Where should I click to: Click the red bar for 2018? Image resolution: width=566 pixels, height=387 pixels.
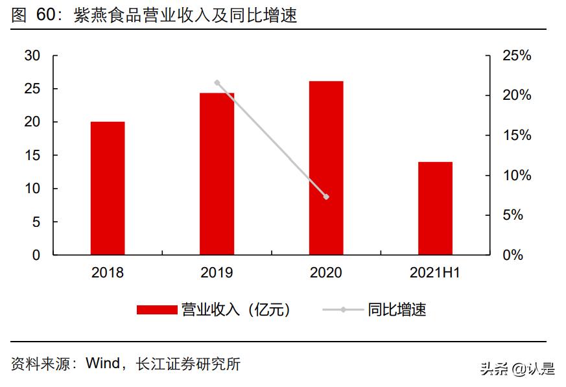108,188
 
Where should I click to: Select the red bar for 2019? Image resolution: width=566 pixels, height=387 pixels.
217,174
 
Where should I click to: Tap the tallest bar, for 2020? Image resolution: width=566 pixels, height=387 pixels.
326,168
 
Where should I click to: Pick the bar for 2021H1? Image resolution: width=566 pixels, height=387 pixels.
435,208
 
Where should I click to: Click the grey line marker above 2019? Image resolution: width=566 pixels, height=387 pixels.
217,82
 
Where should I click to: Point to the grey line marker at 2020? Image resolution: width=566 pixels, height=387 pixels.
326,196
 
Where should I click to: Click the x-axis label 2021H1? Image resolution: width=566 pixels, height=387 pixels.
435,273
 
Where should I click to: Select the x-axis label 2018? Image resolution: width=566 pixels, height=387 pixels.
108,273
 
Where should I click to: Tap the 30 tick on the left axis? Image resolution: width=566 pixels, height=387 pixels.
32,56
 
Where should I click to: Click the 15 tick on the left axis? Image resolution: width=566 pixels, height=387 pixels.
32,156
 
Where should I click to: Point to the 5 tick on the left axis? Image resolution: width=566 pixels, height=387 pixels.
36,222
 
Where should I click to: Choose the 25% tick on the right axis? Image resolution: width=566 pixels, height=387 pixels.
517,56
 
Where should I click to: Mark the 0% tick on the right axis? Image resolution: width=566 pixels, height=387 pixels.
513,255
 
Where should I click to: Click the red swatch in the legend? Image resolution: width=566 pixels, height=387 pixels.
157,310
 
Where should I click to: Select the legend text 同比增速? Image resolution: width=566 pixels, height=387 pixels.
397,310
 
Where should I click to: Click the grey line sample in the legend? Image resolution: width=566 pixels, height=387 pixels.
343,310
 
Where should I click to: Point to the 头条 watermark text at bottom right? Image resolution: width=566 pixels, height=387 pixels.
493,369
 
